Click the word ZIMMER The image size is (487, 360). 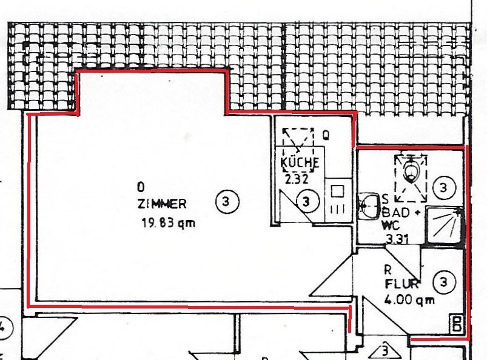coord(162,204)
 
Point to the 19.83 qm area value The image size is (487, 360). coord(169,223)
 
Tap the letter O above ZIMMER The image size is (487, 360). coord(141,187)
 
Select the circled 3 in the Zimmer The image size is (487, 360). coord(227,202)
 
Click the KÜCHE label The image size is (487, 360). coord(300,162)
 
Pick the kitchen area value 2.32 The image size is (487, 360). coord(297,179)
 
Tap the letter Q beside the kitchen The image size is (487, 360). coord(326,135)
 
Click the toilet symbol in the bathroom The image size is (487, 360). coord(411,170)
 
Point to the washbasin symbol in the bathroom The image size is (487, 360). coord(369,205)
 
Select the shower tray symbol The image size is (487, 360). coord(444,225)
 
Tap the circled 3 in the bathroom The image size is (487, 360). coord(444,188)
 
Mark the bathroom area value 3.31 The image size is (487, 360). coord(397,239)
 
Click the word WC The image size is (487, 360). coord(390,225)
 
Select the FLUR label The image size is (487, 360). coord(401,284)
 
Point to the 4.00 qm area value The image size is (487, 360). coord(409,300)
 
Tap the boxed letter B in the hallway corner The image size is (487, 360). coord(457,324)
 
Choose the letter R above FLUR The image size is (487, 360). coord(388,270)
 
